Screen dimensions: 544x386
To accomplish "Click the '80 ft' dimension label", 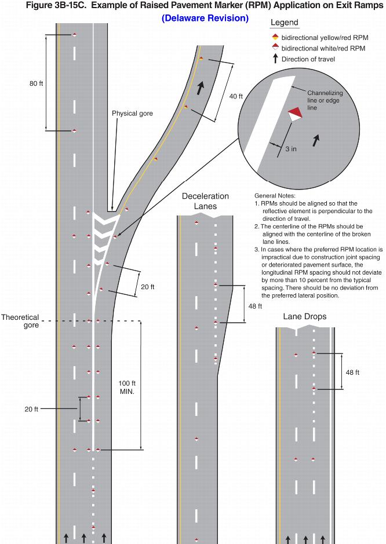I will coord(37,83).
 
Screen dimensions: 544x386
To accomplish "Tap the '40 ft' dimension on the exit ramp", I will coord(236,96).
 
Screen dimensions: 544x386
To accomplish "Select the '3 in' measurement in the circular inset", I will coord(291,149).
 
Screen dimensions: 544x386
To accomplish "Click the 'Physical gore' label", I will coord(132,114).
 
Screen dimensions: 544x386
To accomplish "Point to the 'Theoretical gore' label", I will coord(20,321).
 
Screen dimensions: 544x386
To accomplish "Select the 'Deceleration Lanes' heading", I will coord(205,201).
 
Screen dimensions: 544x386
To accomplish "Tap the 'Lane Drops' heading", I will coord(304,317).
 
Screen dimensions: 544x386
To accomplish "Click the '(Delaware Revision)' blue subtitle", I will coord(205,18).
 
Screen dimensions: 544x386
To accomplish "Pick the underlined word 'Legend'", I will coord(285,23).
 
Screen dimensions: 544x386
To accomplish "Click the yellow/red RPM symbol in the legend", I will coord(275,38).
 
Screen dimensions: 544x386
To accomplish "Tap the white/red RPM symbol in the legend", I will coord(275,48).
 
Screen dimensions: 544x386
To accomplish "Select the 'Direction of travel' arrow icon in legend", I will coord(275,59).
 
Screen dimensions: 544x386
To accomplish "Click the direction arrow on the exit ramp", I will coord(201,88).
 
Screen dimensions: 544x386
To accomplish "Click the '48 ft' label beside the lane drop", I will coord(352,372).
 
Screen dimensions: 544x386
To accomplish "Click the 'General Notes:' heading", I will coord(275,196).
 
